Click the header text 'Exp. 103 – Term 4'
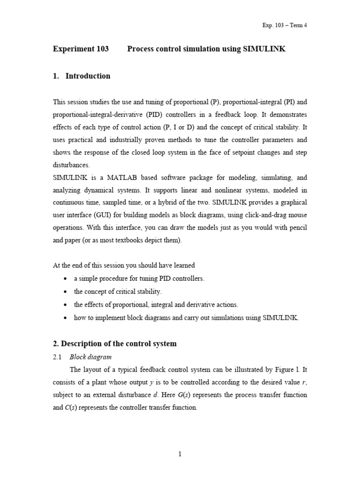pos(285,25)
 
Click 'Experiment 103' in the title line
pos(81,49)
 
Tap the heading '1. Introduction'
pos(82,76)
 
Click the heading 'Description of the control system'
pos(119,344)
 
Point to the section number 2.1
pos(58,357)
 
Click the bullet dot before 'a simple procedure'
pos(65,279)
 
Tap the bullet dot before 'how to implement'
pos(65,318)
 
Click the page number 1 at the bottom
pos(180,454)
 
